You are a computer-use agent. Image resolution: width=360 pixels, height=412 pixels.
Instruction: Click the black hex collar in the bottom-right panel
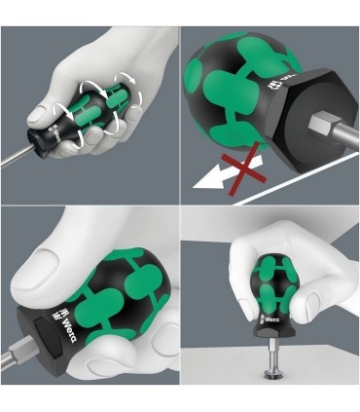(x=270, y=330)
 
